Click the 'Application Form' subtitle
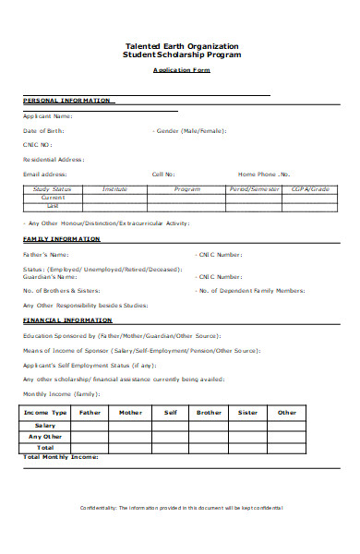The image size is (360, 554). [x=181, y=70]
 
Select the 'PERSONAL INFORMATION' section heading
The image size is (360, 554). [x=66, y=100]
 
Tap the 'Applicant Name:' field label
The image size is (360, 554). [x=47, y=116]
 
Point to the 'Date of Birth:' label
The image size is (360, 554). [x=44, y=131]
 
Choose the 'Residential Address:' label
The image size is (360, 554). [x=54, y=159]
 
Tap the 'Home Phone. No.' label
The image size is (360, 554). [x=264, y=174]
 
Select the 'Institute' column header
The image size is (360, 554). [x=115, y=188]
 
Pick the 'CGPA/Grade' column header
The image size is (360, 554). [x=310, y=188]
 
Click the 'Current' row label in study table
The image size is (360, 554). [x=53, y=197]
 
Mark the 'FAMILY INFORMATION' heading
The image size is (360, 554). [x=61, y=239]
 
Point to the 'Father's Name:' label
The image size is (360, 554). [x=45, y=254]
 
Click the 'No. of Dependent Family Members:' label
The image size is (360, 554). [x=251, y=290]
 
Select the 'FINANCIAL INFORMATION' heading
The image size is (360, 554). [x=66, y=319]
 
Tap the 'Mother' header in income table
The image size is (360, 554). [x=131, y=413]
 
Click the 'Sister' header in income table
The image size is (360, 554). [x=247, y=413]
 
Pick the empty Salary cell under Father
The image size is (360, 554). [x=90, y=425]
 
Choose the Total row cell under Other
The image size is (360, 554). [x=287, y=447]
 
